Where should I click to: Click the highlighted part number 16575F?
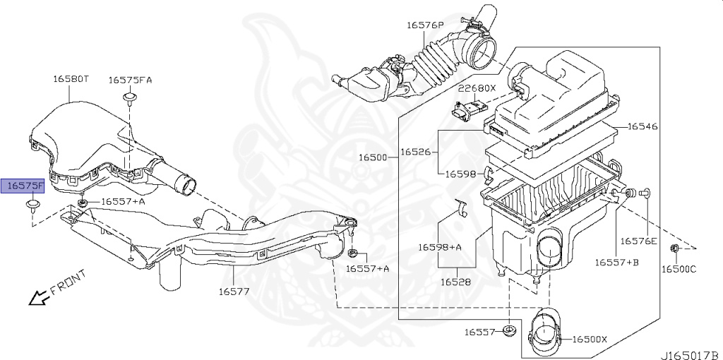click(x=25, y=186)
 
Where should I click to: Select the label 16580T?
click(x=71, y=80)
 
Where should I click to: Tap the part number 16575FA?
click(x=130, y=80)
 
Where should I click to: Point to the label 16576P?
click(x=424, y=25)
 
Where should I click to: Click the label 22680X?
click(x=477, y=88)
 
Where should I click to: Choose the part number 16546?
click(x=643, y=126)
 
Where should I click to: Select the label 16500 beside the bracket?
click(x=374, y=157)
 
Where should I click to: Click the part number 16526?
click(x=416, y=151)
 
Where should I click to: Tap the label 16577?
click(x=233, y=291)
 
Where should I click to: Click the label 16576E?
click(x=639, y=241)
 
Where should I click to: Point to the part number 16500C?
click(x=679, y=268)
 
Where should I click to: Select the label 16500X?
click(x=589, y=340)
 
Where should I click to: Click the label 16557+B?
click(x=616, y=262)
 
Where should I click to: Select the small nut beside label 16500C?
click(x=675, y=248)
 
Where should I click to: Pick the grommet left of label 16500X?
click(x=508, y=331)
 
